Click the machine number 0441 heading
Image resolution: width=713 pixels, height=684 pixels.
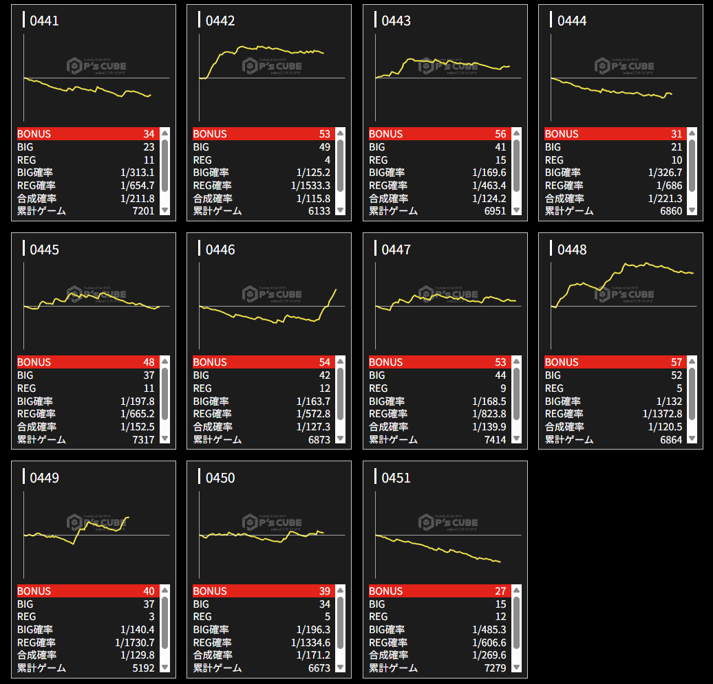tap(44, 21)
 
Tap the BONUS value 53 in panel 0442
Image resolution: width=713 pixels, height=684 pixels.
tap(324, 134)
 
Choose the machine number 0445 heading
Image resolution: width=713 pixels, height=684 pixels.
tap(44, 250)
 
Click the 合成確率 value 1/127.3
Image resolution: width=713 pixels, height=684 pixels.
tap(313, 427)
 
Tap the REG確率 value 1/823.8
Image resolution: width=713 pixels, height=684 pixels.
tap(489, 414)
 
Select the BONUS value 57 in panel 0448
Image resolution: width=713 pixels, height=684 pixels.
tap(676, 362)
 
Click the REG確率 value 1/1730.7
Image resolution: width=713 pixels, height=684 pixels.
tap(135, 642)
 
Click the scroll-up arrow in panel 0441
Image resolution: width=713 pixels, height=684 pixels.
tap(164, 133)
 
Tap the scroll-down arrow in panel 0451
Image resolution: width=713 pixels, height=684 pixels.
tap(516, 668)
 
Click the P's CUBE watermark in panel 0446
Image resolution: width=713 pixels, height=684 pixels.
tap(271, 294)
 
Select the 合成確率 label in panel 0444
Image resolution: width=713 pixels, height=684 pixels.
tap(564, 199)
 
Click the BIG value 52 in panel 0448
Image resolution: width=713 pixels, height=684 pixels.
tap(676, 375)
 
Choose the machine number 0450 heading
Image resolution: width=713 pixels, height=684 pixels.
tap(220, 478)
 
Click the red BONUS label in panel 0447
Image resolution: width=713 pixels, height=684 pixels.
tap(386, 362)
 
